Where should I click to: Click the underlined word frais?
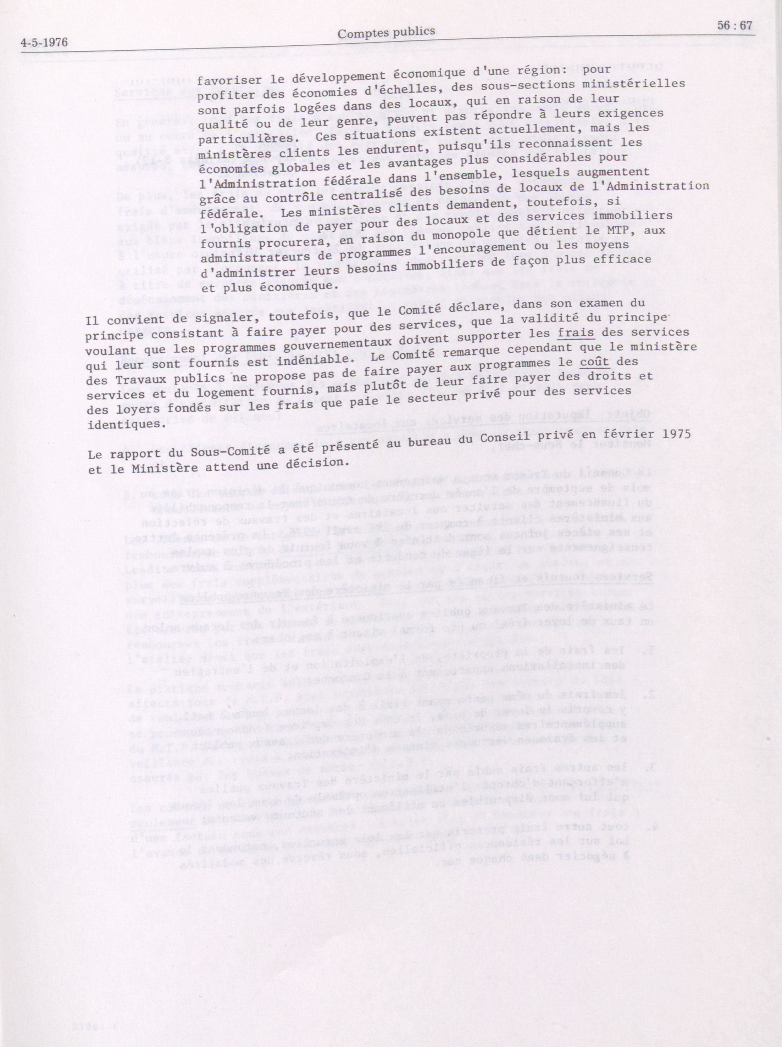pyautogui.click(x=576, y=332)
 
